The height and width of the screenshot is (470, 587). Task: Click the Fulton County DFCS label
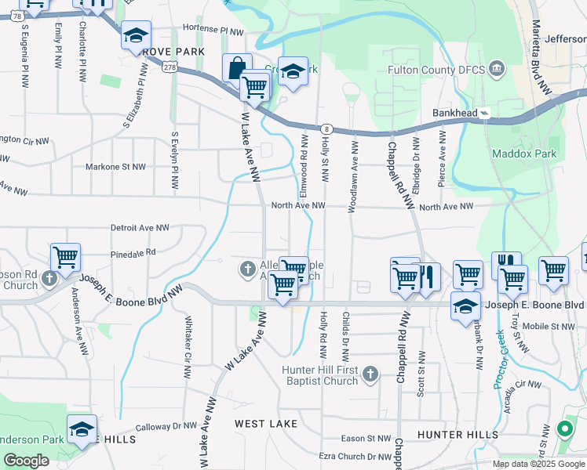[437, 70]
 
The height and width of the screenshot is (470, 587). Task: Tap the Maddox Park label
[524, 154]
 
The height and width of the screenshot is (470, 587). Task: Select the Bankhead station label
[454, 113]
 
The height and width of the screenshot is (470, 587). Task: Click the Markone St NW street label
[115, 167]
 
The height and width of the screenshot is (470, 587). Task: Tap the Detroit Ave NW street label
[140, 227]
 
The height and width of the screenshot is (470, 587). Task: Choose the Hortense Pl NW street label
[214, 27]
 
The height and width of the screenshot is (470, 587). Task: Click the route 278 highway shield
[170, 68]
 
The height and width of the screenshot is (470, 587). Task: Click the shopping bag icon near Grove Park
[236, 67]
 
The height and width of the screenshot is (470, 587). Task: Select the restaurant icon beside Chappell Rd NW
[428, 277]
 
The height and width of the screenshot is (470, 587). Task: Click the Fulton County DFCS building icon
[496, 70]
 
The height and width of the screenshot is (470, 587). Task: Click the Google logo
[26, 461]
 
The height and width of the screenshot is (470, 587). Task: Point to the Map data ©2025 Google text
[539, 464]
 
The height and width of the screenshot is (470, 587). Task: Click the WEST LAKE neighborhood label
[266, 424]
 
